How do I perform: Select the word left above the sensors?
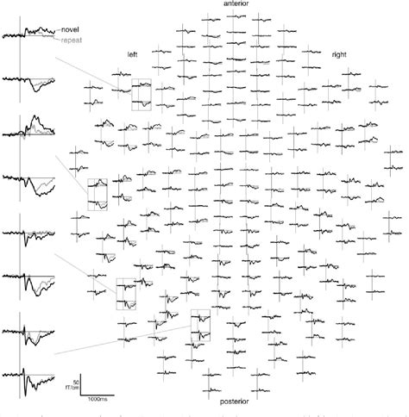(x=132, y=54)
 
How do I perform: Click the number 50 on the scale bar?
(x=76, y=380)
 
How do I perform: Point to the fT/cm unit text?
(x=73, y=387)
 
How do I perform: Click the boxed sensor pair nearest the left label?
(x=141, y=95)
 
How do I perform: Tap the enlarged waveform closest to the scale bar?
(x=30, y=372)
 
